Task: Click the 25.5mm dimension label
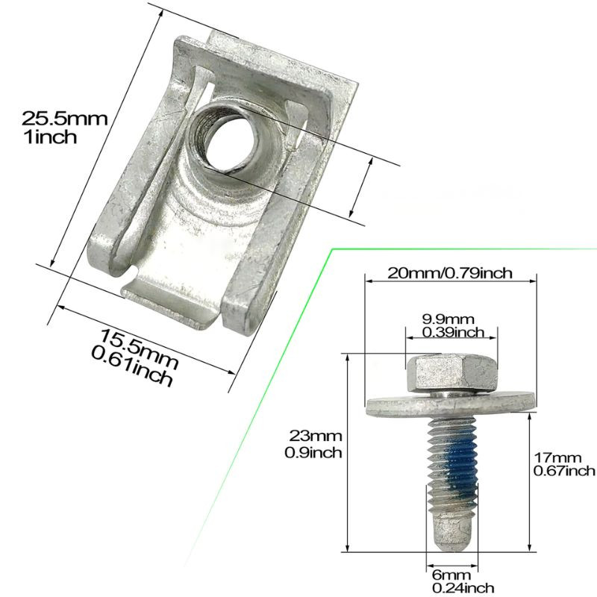[65, 119]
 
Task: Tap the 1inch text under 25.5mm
[50, 137]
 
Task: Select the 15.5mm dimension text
[140, 349]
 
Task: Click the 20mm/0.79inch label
[450, 273]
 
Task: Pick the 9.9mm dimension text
[448, 319]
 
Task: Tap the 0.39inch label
[453, 332]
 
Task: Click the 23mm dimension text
[315, 435]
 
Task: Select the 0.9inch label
[313, 452]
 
